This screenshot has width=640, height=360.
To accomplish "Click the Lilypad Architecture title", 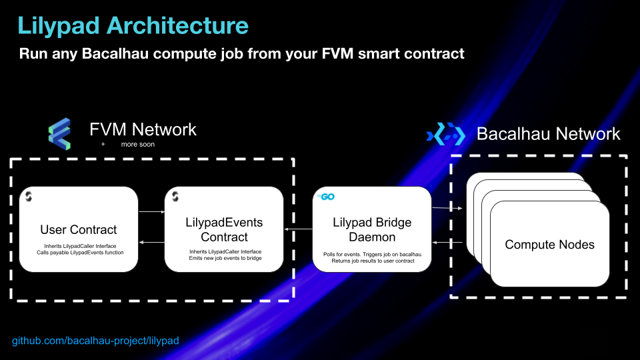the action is (x=133, y=26).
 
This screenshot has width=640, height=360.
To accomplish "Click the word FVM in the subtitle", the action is (x=337, y=53).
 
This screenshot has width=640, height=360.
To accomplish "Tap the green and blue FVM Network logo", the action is (x=59, y=134).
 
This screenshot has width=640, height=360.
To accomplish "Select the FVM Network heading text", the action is (x=143, y=129).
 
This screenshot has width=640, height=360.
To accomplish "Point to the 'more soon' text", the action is (x=137, y=145).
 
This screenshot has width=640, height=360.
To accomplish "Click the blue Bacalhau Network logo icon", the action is (x=446, y=134).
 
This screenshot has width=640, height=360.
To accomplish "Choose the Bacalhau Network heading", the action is (x=548, y=134).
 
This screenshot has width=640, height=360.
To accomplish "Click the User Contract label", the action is (x=79, y=230).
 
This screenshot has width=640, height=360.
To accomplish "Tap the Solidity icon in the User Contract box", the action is (x=29, y=196).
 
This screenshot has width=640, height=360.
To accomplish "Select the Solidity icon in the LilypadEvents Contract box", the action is (x=175, y=196).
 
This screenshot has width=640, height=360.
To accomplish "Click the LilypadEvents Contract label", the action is (x=224, y=230).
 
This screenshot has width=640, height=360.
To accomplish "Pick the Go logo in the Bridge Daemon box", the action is (x=326, y=197).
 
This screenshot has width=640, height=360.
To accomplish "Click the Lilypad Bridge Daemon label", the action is (x=372, y=230).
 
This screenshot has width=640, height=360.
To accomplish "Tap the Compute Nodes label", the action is (x=549, y=245).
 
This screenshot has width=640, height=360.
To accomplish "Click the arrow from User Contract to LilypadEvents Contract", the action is (x=152, y=212).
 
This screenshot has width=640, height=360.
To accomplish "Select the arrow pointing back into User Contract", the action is (x=152, y=243).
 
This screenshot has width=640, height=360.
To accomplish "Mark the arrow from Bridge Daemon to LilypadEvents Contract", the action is (x=299, y=229).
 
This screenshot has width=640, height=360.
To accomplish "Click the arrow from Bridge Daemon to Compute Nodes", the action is (x=447, y=208).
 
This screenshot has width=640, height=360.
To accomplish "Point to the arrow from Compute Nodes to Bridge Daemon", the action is (x=447, y=243).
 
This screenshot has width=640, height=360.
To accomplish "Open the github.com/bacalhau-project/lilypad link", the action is (x=95, y=341).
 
